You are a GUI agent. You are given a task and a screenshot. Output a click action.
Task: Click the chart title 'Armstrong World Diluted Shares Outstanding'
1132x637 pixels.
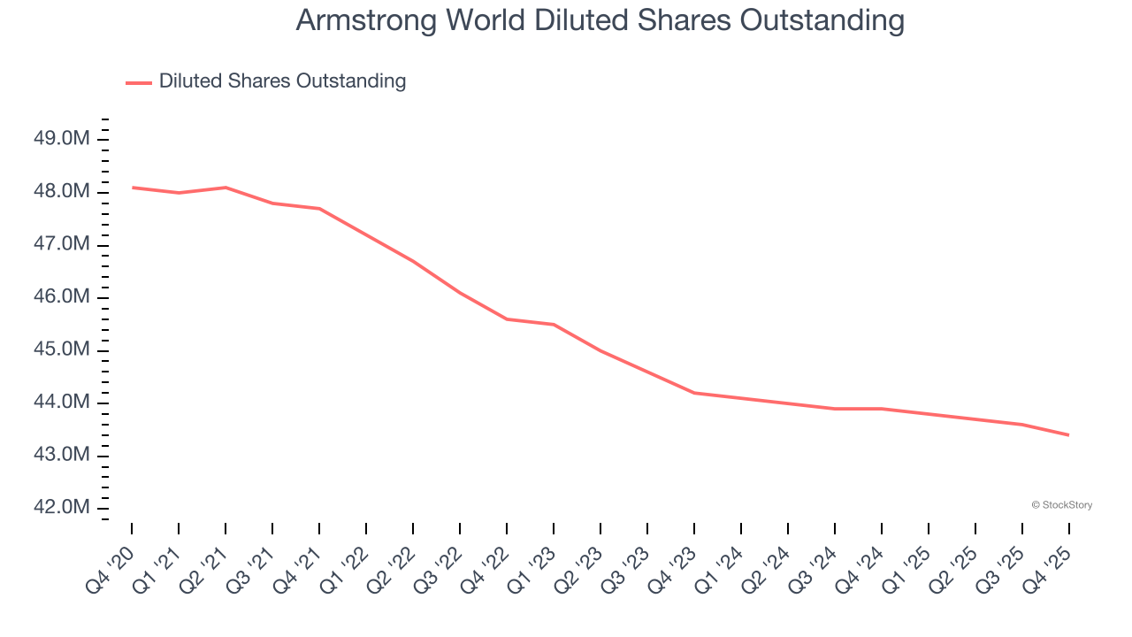[600, 21]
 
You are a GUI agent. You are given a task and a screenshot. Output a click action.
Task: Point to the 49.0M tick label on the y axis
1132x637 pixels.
[62, 139]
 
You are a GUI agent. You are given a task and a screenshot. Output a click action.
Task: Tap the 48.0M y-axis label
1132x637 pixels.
[62, 192]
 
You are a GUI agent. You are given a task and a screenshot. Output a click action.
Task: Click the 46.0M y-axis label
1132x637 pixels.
[62, 297]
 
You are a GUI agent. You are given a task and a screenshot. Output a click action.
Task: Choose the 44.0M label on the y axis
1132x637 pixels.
[62, 403]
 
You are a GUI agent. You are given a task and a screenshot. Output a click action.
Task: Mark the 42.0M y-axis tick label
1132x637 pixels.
[62, 508]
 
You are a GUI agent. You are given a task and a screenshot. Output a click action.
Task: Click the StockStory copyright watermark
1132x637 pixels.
[1061, 505]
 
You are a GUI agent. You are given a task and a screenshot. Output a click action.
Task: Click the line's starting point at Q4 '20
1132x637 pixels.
[133, 188]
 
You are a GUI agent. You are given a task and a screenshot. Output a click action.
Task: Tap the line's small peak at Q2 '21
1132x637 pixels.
[226, 188]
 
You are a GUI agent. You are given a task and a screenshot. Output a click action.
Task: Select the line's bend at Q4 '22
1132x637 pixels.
[507, 318]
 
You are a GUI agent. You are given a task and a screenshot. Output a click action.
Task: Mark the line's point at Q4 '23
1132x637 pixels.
[694, 393]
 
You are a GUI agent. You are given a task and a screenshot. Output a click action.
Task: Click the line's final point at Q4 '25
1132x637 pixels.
[1068, 434]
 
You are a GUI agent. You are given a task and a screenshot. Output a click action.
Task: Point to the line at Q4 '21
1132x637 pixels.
[319, 209]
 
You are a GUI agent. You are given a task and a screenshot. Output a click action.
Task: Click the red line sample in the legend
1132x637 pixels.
[139, 82]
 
